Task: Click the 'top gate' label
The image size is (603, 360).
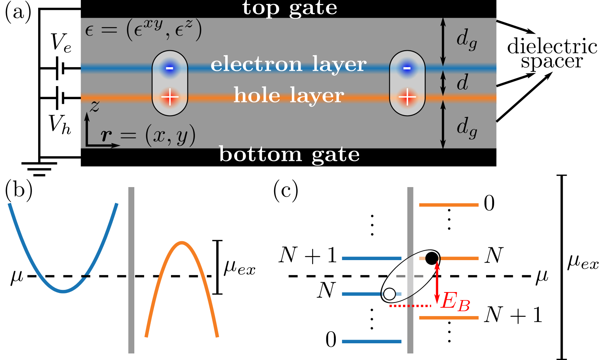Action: click(290, 8)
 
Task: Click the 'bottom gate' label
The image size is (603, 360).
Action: click(289, 155)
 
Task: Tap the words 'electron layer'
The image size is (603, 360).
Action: click(289, 64)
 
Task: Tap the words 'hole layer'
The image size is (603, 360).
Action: click(289, 95)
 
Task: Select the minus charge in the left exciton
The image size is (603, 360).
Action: click(170, 68)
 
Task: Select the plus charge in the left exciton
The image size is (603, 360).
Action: click(170, 97)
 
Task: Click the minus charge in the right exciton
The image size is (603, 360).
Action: click(407, 68)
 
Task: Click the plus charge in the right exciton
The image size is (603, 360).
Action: click(407, 97)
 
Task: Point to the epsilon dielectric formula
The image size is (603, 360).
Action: click(143, 30)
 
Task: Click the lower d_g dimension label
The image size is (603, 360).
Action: click(466, 128)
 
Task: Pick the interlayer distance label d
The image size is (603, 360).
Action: click(462, 83)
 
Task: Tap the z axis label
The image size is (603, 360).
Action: click(94, 106)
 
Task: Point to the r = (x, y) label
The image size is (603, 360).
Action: click(148, 136)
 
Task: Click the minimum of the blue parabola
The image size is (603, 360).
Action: click(64, 291)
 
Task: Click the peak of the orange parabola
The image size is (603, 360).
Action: click(182, 242)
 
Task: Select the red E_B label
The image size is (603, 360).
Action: click(455, 302)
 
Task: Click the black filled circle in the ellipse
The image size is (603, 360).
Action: click(432, 258)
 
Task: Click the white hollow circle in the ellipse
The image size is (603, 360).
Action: click(390, 294)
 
